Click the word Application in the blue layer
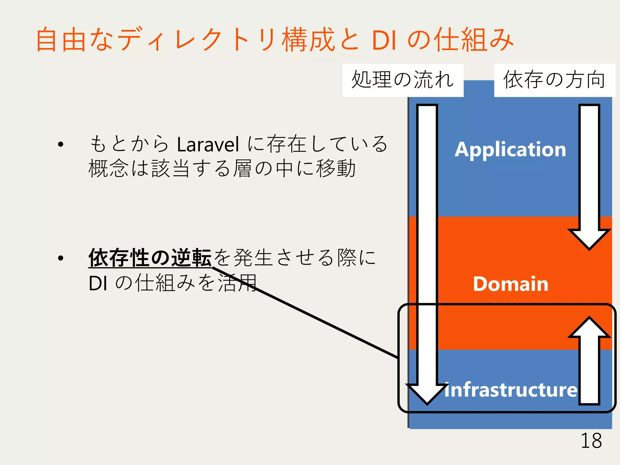tap(510, 150)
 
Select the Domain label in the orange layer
tap(510, 284)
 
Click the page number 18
tap(591, 441)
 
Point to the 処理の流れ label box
tap(403, 80)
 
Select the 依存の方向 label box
tap(554, 80)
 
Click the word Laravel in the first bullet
tap(208, 145)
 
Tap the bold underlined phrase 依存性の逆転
tap(150, 258)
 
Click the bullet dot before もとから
tap(61, 144)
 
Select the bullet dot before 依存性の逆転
tap(61, 258)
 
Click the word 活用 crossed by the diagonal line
tap(238, 283)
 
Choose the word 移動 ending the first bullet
tap(336, 168)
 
